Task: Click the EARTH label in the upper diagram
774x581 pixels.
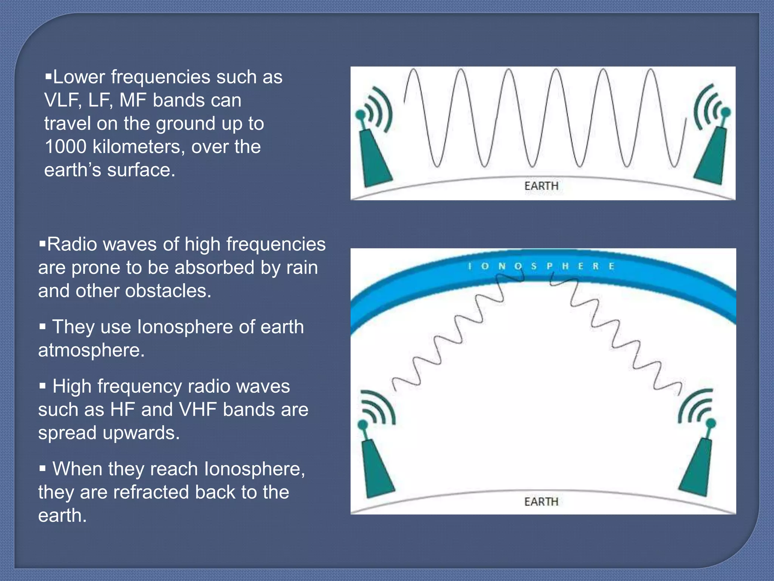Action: (x=541, y=186)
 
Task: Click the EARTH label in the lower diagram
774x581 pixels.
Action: (x=541, y=502)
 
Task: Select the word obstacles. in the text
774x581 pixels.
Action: (x=168, y=291)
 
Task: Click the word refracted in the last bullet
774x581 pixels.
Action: (x=151, y=492)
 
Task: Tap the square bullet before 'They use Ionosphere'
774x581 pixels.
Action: (x=43, y=326)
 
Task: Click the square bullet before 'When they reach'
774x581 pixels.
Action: (x=43, y=469)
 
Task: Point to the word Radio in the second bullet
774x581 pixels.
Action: (x=72, y=244)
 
